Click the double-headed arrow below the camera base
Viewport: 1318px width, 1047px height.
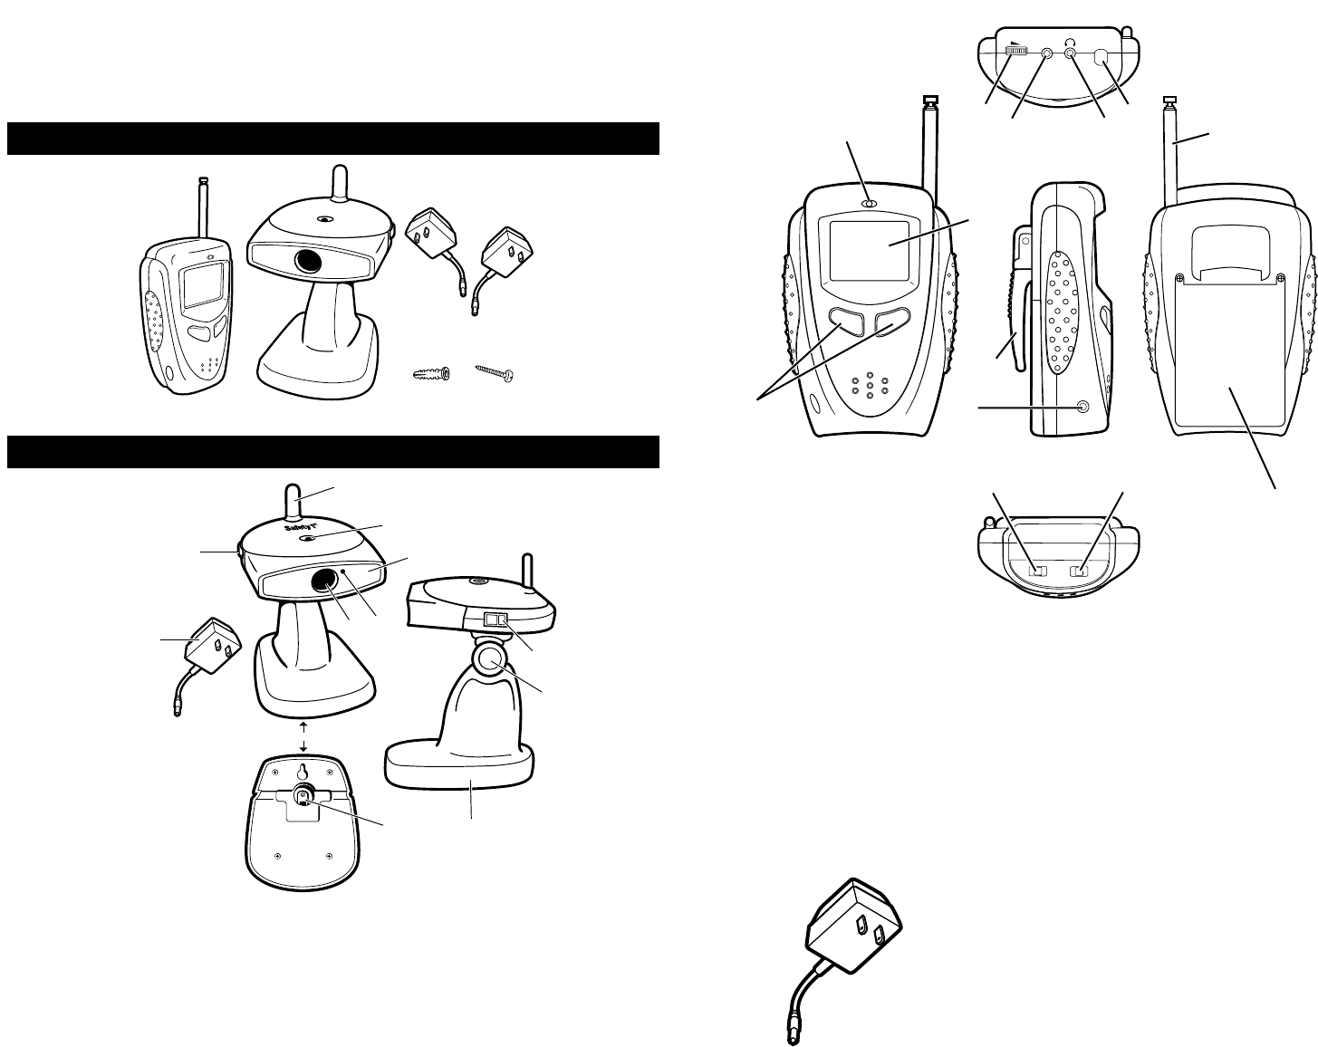click(x=303, y=736)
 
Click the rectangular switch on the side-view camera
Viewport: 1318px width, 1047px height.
click(x=496, y=620)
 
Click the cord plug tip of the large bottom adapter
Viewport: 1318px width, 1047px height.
click(x=793, y=1035)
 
